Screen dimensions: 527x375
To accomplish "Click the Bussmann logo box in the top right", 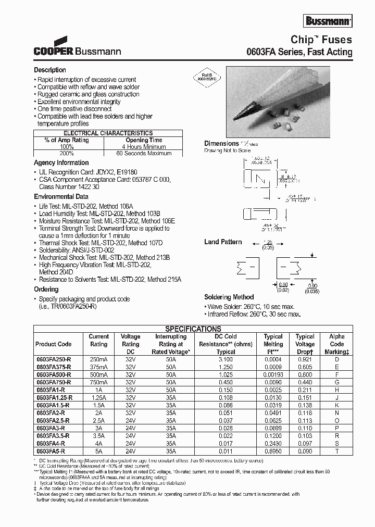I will click(328, 21).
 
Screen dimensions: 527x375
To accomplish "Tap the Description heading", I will click(50, 70).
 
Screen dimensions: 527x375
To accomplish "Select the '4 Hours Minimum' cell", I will click(144, 147).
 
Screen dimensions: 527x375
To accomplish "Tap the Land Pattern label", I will click(223, 242).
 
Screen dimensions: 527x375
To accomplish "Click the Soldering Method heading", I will click(229, 297).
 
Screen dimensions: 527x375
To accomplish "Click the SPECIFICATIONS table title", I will click(193, 329).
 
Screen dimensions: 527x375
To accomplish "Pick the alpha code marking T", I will click(336, 451).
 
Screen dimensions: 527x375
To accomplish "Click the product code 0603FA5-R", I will click(51, 451).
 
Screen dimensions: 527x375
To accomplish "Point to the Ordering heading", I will click(46, 290).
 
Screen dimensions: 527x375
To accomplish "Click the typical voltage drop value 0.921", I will click(305, 359).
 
